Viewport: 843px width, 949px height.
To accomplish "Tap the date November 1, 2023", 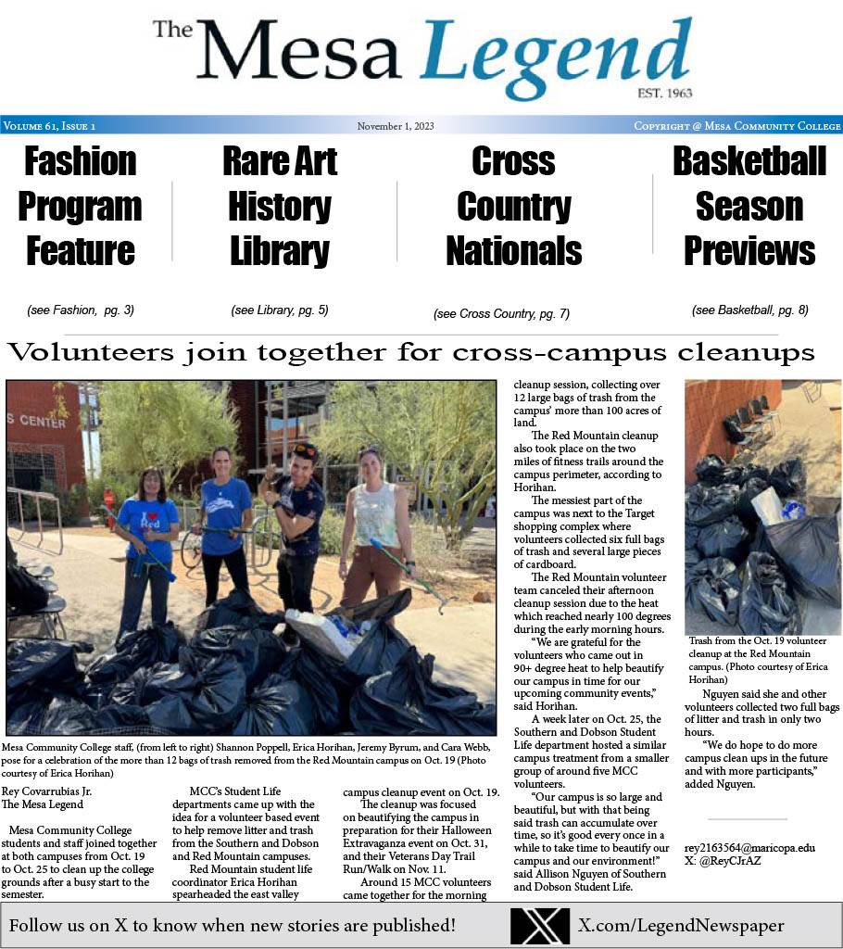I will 396,126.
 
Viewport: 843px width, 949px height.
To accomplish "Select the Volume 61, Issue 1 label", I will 50,126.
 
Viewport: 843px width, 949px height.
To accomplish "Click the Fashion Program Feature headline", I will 80,206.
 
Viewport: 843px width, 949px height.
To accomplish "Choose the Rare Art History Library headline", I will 280,206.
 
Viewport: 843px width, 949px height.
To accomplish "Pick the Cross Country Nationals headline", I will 513,206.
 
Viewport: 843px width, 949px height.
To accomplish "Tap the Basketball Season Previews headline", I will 749,206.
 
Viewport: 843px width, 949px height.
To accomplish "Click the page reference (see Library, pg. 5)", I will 280,310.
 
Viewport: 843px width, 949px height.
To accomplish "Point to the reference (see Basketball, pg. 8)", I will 749,310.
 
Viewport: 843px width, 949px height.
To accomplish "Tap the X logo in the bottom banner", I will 539,925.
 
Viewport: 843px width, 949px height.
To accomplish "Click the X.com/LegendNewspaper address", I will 681,925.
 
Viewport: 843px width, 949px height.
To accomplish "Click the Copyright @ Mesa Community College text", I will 737,126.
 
